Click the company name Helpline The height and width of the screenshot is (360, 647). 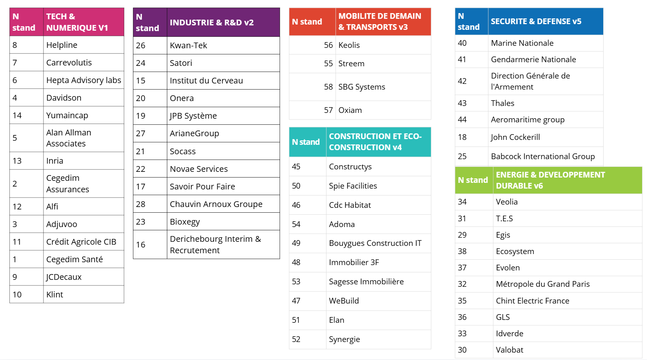(x=62, y=45)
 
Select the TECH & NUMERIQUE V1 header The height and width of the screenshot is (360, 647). (x=77, y=22)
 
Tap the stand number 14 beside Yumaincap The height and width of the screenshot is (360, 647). (x=17, y=115)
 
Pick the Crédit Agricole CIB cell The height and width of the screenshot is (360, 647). (x=81, y=242)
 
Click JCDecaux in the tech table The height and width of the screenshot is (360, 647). (x=64, y=277)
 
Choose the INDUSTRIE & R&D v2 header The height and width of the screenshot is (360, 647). (x=212, y=22)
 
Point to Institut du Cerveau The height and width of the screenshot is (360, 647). (x=206, y=81)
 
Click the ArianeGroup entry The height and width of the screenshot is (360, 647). (x=194, y=133)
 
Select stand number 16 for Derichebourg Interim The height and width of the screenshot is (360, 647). (x=141, y=245)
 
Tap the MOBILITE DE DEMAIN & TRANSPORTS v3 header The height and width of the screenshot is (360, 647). (x=379, y=22)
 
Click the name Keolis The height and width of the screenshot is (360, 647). (x=349, y=45)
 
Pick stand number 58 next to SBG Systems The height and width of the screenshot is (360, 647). (x=328, y=87)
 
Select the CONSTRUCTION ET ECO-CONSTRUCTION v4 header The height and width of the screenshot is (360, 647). (x=375, y=142)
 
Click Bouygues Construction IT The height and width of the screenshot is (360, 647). (x=375, y=243)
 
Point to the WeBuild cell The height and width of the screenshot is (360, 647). (x=344, y=301)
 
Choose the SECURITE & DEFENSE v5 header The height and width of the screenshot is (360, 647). (x=536, y=21)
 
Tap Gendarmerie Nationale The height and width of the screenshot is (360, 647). (x=533, y=59)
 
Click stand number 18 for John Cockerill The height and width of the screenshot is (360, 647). (x=462, y=137)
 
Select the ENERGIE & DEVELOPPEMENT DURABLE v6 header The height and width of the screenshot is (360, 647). (x=550, y=180)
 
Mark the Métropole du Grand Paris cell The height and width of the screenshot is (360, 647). (x=543, y=284)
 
